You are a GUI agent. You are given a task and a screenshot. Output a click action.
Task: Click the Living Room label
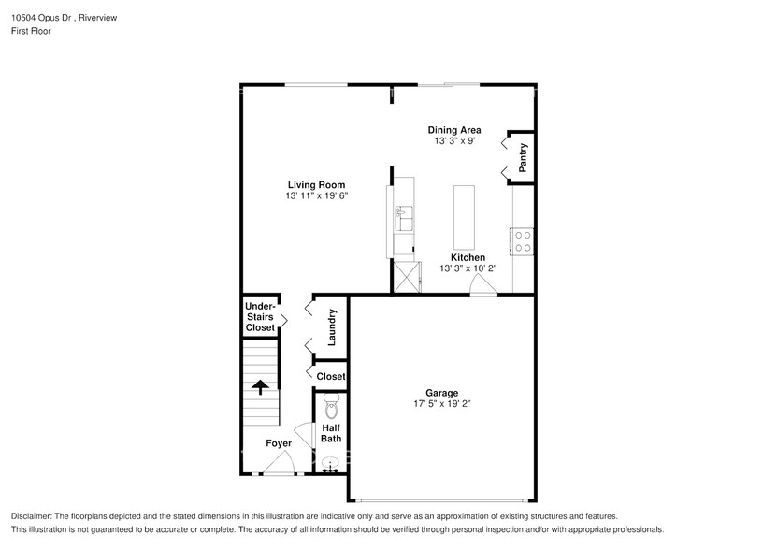click(316, 184)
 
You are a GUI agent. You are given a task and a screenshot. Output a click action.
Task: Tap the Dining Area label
click(454, 130)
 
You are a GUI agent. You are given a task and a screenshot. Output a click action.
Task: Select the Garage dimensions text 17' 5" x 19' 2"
click(441, 404)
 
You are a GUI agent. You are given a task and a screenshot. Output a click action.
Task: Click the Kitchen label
click(468, 257)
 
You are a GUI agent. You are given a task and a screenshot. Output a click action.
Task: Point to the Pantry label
click(523, 156)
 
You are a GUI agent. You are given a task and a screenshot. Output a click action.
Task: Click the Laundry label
click(331, 328)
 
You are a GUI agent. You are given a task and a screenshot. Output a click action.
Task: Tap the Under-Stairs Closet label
click(260, 317)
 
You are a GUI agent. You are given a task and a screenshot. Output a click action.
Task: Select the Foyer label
click(279, 443)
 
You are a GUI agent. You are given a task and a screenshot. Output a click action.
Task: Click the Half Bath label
click(331, 433)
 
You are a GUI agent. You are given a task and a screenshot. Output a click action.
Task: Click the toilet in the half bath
click(330, 407)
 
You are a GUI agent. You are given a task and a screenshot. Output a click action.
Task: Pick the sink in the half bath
click(330, 463)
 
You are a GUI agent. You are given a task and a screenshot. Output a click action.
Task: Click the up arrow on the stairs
click(259, 385)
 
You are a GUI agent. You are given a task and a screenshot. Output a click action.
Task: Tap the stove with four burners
click(523, 241)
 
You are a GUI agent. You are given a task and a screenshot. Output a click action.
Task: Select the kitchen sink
click(403, 218)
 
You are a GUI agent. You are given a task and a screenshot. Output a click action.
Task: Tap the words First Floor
click(32, 31)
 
